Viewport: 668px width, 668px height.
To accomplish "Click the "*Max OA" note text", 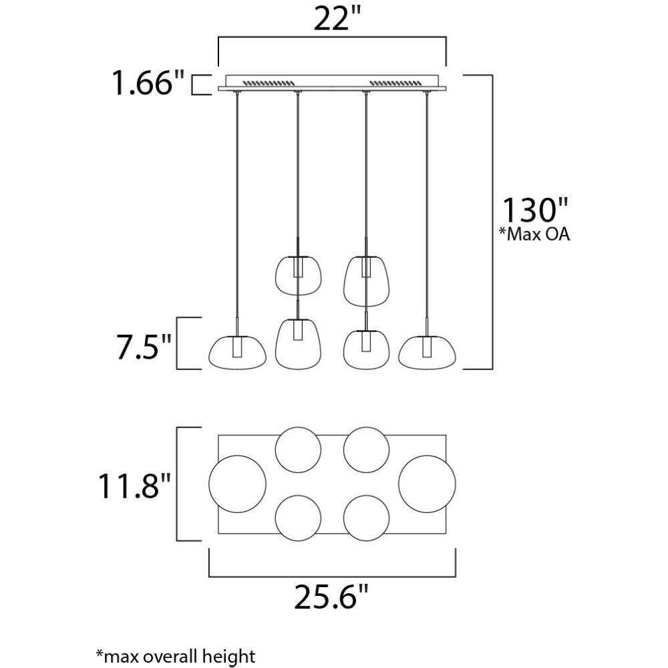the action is (534, 234).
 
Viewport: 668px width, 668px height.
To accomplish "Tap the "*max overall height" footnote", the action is (176, 656).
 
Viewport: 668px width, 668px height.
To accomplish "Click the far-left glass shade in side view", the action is (237, 352).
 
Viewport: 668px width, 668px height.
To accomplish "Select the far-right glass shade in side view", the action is (428, 352).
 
